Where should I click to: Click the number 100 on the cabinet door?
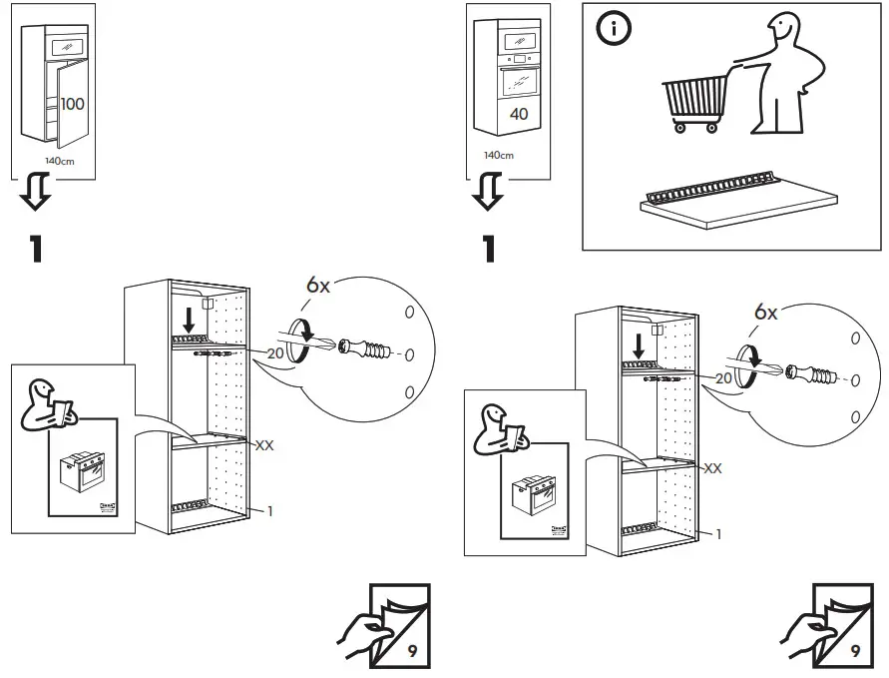[x=72, y=104]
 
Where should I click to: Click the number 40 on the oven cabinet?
[x=519, y=114]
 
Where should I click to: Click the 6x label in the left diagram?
[x=318, y=286]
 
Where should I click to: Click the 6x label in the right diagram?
[x=765, y=313]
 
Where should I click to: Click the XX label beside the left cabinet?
[x=264, y=445]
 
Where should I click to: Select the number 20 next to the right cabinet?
[x=722, y=378]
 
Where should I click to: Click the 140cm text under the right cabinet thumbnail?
[x=498, y=156]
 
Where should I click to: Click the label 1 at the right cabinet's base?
[x=718, y=534]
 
